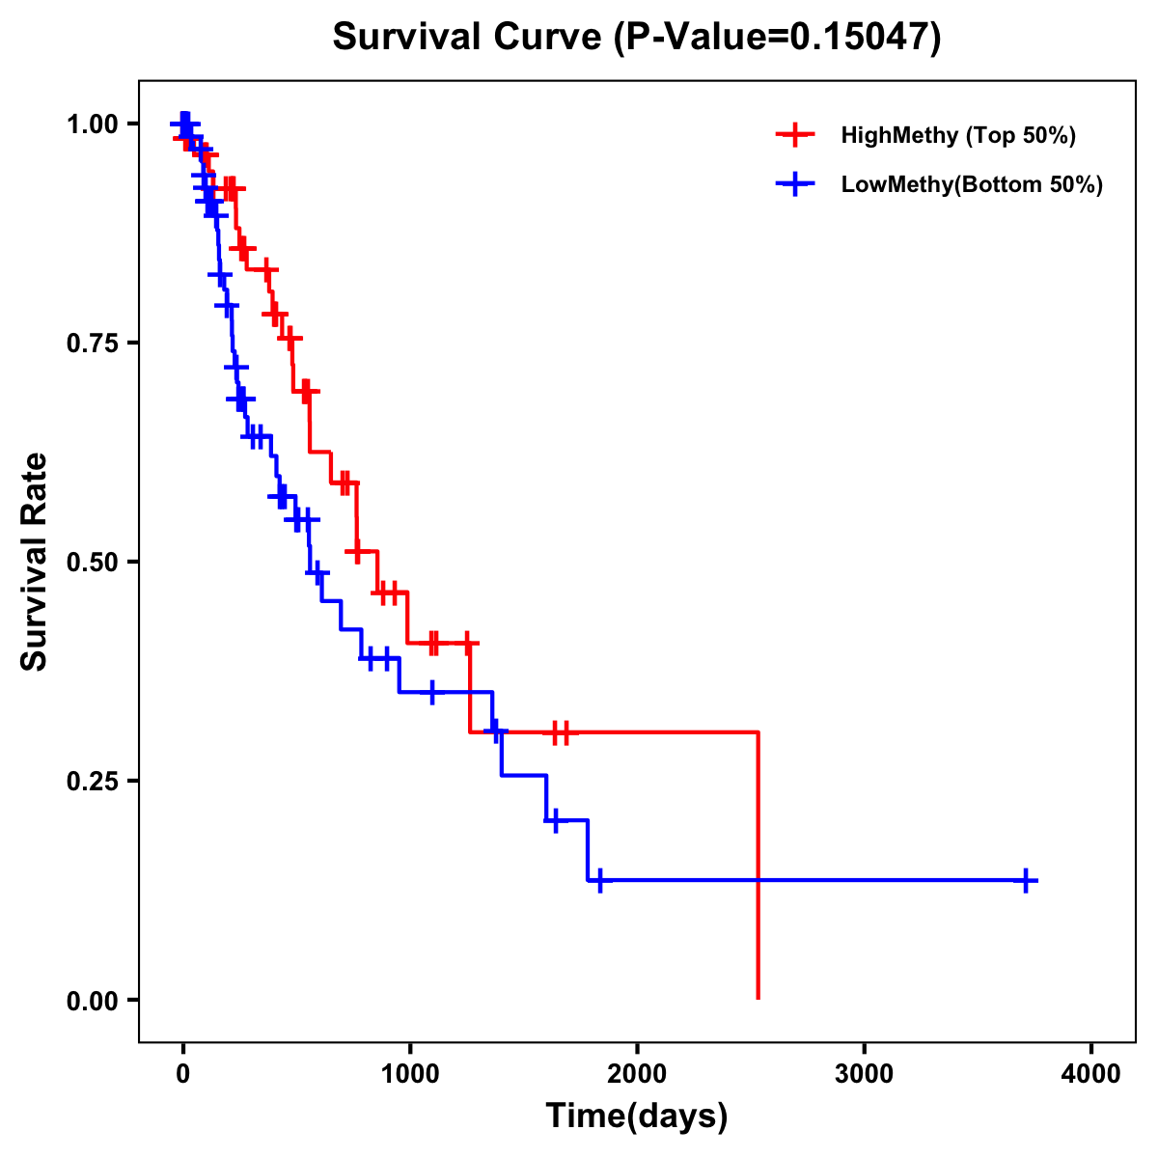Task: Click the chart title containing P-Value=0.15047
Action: [x=636, y=38]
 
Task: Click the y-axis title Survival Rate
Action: [x=35, y=561]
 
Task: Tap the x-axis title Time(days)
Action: [x=636, y=1117]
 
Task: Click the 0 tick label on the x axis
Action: [x=182, y=1074]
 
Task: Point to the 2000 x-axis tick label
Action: [x=637, y=1074]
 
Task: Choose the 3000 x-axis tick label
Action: [x=864, y=1074]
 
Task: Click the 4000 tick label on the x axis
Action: [x=1091, y=1074]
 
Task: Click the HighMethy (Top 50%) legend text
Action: [x=958, y=135]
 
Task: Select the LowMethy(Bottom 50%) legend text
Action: [x=972, y=185]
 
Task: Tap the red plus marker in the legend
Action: [x=795, y=135]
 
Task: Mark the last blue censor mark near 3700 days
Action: [x=1027, y=880]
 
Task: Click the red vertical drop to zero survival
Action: [x=758, y=868]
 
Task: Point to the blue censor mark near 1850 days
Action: [x=599, y=880]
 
